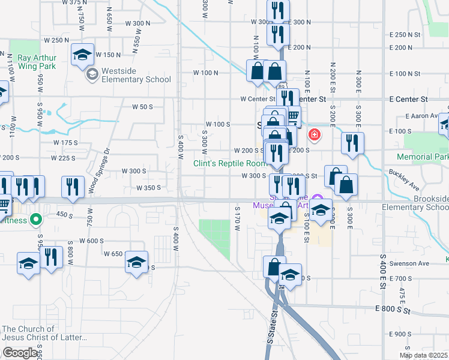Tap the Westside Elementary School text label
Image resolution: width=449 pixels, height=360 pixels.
(x=136, y=75)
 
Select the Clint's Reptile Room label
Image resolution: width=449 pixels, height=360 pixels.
(x=229, y=163)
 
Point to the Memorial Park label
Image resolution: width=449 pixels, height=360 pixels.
(x=423, y=157)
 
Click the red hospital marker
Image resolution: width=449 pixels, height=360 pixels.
(x=313, y=134)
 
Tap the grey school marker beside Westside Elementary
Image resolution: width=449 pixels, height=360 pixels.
(x=92, y=74)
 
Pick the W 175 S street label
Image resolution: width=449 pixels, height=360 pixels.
(x=65, y=143)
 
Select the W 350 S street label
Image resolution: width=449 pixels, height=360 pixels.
(x=149, y=187)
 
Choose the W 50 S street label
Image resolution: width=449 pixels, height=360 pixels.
(x=142, y=107)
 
